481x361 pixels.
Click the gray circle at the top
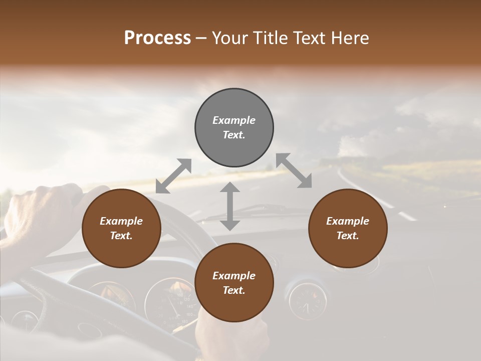(234, 128)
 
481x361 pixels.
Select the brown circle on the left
(121, 229)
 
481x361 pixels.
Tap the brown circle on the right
(348, 229)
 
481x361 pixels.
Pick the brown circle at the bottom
(234, 283)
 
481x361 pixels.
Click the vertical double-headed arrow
(230, 206)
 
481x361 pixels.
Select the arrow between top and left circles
(173, 175)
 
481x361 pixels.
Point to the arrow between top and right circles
(294, 170)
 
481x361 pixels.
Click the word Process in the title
(157, 38)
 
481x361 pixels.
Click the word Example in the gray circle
(234, 120)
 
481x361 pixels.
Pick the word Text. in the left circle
(121, 236)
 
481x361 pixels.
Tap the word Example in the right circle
(348, 221)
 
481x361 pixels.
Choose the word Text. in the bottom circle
(234, 290)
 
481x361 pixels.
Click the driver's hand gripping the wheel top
(45, 211)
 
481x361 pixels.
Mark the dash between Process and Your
(201, 38)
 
